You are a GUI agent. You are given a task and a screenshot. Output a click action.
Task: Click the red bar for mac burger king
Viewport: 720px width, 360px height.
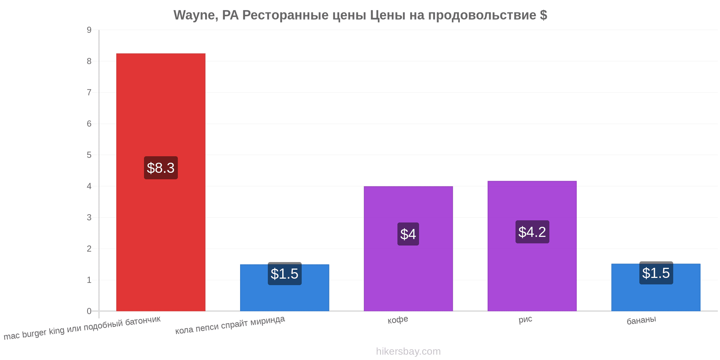coord(161,182)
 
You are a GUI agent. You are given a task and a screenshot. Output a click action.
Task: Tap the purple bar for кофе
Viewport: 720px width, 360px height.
coord(408,249)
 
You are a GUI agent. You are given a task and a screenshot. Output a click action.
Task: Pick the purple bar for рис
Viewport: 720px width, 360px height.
coord(532,246)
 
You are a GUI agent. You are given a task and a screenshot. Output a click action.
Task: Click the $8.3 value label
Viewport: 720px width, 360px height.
coord(161,168)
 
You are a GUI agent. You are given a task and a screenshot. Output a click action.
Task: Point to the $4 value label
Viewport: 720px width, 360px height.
coord(408,234)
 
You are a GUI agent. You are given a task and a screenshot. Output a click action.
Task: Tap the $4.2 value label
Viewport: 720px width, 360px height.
coord(532,232)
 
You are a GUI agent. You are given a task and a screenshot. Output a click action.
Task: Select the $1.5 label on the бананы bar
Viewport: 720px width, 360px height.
coord(656,273)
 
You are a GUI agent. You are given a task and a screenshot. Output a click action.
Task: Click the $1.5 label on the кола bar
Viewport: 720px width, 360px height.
coord(284,274)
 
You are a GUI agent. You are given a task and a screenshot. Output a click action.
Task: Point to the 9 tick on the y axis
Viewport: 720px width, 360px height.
coord(89,30)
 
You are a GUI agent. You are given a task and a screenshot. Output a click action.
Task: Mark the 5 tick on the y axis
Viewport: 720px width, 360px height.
coord(89,155)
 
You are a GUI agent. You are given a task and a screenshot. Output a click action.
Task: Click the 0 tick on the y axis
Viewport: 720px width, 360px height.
coord(89,311)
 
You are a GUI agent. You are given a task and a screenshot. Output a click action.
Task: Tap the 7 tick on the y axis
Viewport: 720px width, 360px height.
coord(89,93)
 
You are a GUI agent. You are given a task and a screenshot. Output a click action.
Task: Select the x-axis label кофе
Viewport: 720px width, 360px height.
coord(398,320)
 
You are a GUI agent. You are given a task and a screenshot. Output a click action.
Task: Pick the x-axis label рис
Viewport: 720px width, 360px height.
coord(525,319)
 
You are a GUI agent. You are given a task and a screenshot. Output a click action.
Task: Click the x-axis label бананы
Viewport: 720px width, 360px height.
coord(641,320)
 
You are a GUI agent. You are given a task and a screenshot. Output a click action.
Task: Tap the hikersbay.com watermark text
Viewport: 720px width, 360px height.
coord(408,351)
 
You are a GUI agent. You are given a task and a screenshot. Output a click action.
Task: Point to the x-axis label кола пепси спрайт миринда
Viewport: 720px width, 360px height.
coord(230,325)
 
